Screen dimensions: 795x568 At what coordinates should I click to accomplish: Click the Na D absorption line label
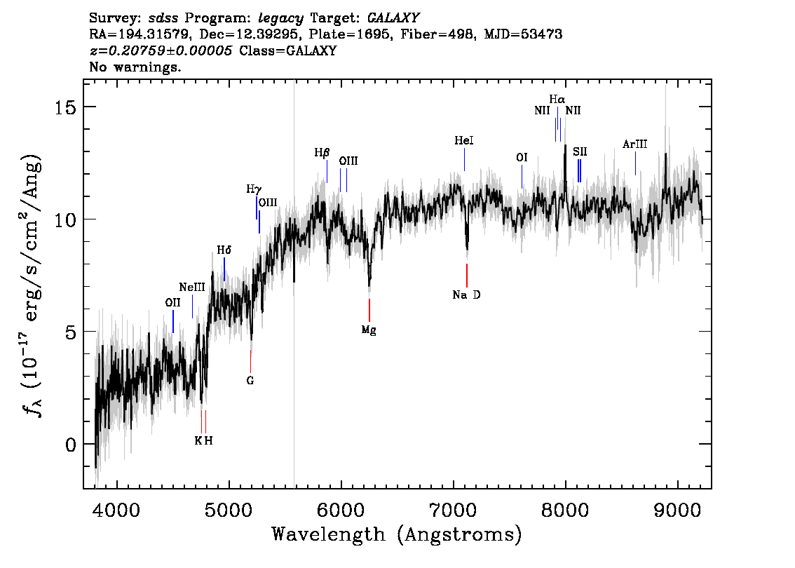click(x=466, y=295)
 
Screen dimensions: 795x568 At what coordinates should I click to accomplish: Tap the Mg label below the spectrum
click(x=369, y=330)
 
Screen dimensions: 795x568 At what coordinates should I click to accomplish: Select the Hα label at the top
click(x=557, y=100)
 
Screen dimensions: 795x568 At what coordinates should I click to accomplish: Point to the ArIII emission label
click(x=634, y=144)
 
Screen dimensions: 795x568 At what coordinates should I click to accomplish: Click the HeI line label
click(x=464, y=140)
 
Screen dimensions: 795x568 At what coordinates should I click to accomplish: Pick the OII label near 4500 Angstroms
click(x=173, y=303)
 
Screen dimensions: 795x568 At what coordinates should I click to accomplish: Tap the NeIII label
click(x=192, y=288)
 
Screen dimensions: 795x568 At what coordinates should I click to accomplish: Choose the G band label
click(x=250, y=380)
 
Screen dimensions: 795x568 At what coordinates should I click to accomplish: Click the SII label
click(x=580, y=151)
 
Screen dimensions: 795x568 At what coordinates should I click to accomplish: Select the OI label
click(x=522, y=158)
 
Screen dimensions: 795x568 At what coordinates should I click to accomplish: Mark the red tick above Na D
click(x=467, y=276)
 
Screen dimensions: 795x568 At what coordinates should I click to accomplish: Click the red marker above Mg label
click(x=369, y=311)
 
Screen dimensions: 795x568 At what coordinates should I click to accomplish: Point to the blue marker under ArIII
click(x=635, y=163)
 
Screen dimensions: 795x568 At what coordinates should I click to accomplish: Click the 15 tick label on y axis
click(x=64, y=107)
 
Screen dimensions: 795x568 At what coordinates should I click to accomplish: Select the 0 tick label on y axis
click(x=71, y=445)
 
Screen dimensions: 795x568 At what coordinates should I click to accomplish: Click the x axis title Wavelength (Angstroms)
click(x=397, y=534)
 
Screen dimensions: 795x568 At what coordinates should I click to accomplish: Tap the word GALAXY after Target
click(x=393, y=18)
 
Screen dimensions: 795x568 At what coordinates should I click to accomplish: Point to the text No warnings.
click(x=135, y=67)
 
